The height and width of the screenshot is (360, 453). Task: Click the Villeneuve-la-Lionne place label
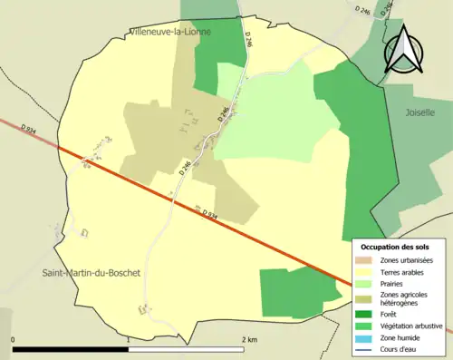[170, 31]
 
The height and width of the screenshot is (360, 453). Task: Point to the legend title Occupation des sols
[396, 247]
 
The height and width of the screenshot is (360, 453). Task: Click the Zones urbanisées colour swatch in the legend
[368, 260]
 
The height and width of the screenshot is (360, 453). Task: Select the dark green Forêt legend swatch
[368, 316]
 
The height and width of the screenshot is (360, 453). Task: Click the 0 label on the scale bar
[13, 339]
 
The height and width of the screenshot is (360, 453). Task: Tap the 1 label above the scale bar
[129, 339]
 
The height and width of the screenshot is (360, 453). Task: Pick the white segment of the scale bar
[187, 349]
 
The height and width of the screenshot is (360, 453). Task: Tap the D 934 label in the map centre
[207, 214]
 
